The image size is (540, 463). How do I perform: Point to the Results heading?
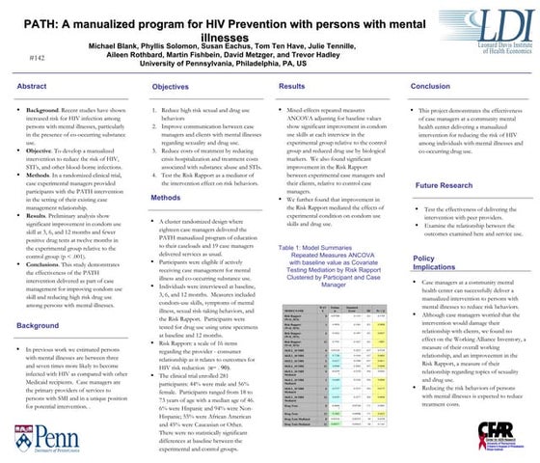coord(292,87)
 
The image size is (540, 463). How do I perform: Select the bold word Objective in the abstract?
coord(44,151)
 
